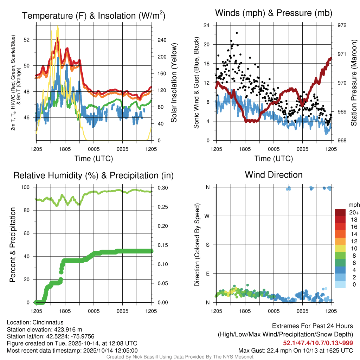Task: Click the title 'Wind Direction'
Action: (x=274, y=175)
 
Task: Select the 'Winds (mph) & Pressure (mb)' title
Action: (x=274, y=13)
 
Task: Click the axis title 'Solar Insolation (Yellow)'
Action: (x=174, y=83)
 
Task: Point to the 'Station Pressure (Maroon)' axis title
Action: (x=354, y=83)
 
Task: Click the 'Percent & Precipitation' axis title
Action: (x=13, y=245)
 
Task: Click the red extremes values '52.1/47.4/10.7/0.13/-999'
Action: (x=318, y=343)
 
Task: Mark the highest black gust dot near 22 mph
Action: (x=237, y=33)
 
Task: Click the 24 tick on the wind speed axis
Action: (x=207, y=25)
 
